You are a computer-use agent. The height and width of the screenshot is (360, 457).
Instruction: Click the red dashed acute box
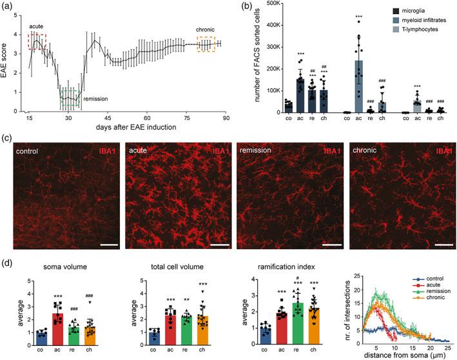36,45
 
